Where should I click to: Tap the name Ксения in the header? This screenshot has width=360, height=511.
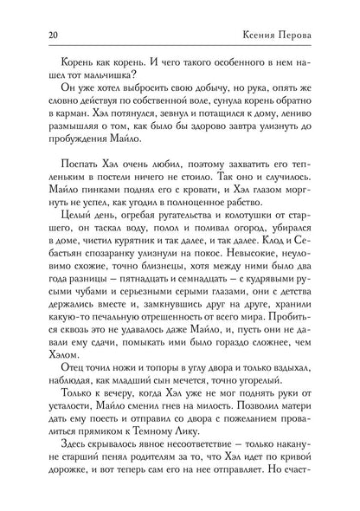[272, 36]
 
